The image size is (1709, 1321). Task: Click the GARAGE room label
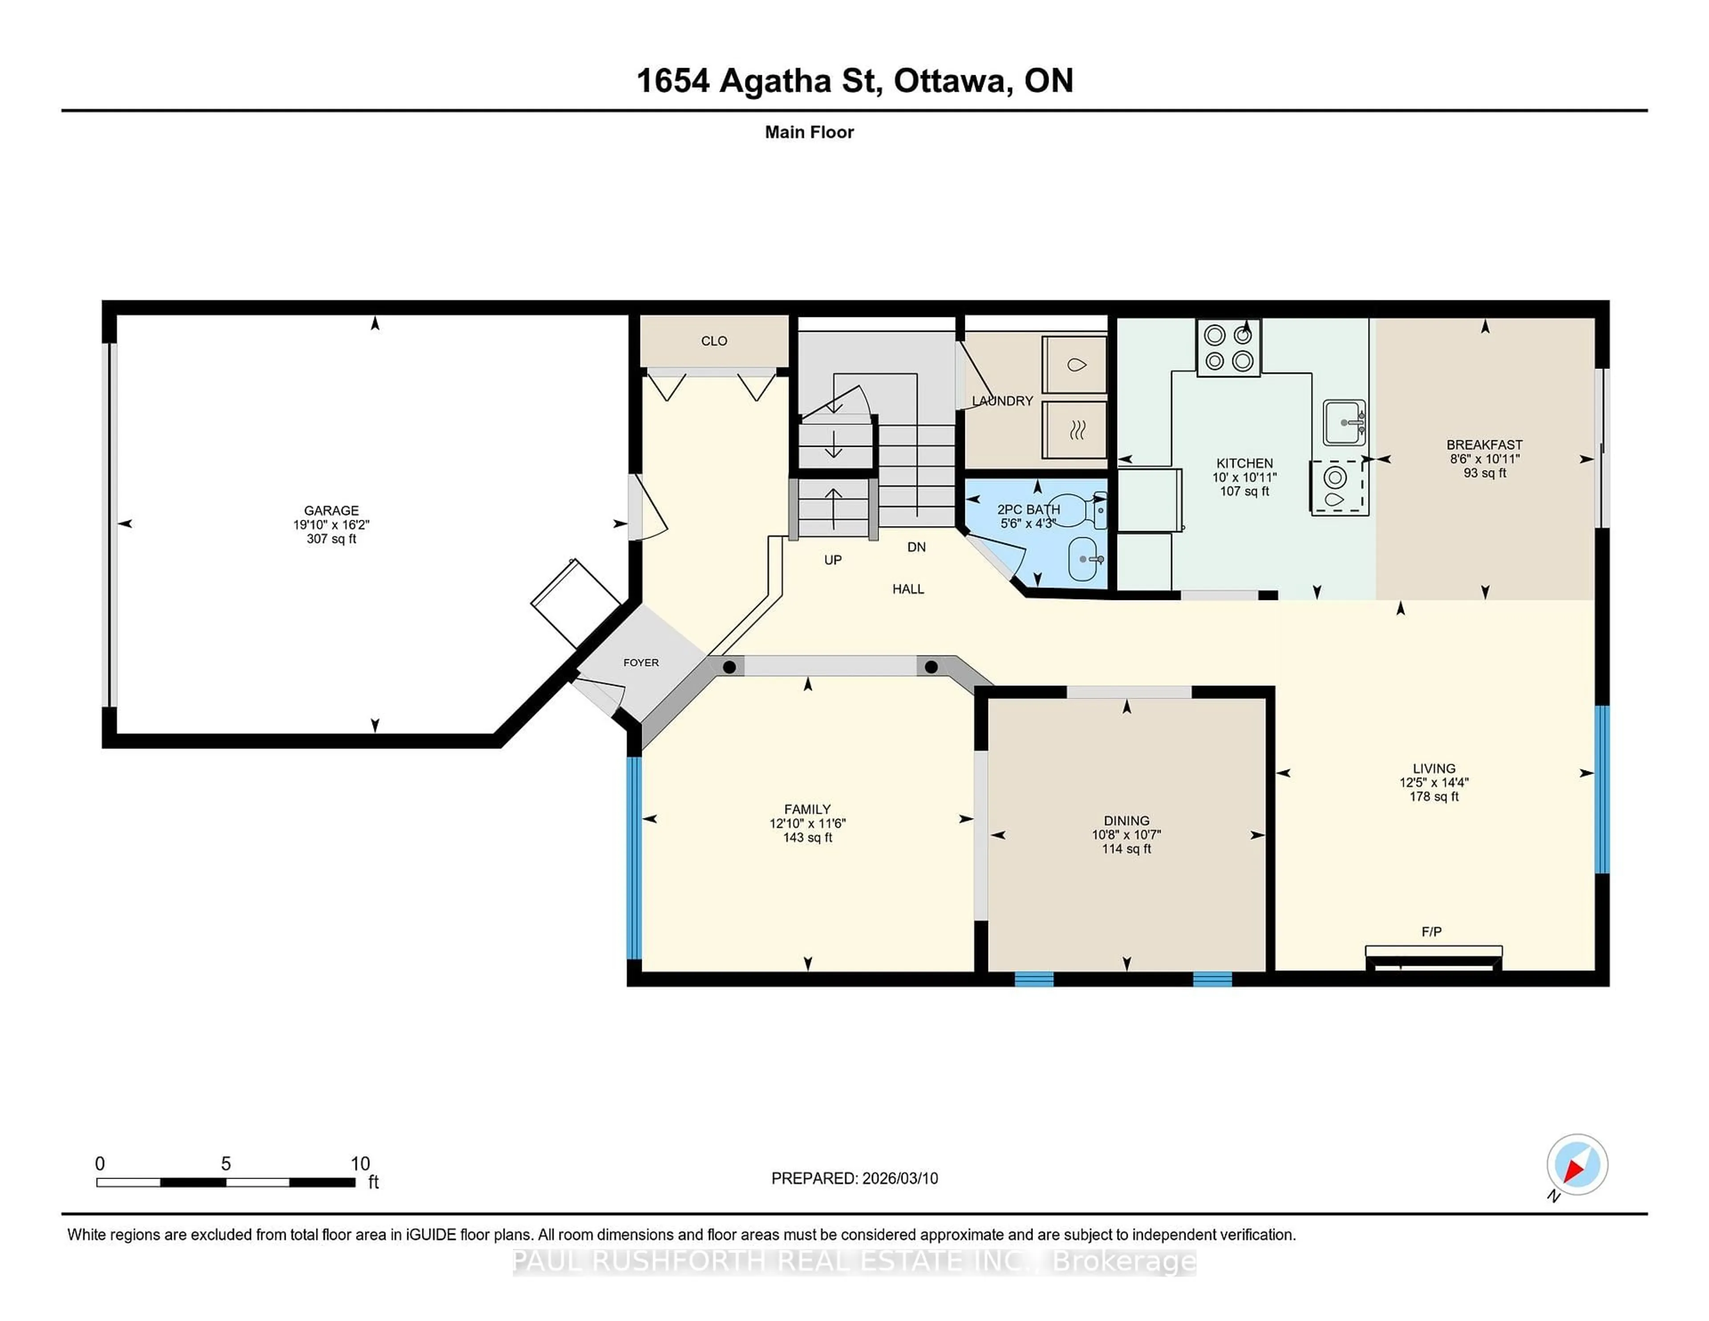tap(331, 510)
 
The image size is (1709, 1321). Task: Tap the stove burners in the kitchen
tap(1228, 348)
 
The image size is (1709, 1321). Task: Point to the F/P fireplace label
tap(1431, 931)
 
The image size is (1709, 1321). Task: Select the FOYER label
tap(641, 662)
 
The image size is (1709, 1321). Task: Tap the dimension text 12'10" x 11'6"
tap(808, 823)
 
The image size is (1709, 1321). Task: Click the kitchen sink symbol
tap(1344, 422)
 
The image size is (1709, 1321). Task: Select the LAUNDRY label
tap(1002, 401)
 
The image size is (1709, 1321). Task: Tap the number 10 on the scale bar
tap(360, 1164)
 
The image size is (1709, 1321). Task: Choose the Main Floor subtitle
tap(809, 132)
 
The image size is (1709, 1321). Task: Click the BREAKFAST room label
tap(1484, 445)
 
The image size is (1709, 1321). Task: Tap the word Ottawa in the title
tap(950, 81)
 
